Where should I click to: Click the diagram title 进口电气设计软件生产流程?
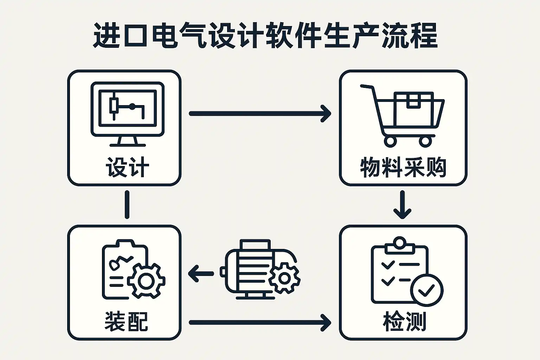tap(265, 36)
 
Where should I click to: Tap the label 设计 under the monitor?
tap(128, 167)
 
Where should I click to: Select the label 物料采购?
tap(403, 167)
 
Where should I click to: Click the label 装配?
tap(126, 321)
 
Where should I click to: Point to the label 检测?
tap(404, 321)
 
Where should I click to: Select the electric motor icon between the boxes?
tap(260, 269)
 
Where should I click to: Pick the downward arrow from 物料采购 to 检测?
tap(402, 205)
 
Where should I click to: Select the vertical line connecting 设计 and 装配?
tap(127, 205)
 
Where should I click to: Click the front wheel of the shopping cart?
tap(390, 141)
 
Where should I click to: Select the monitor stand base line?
tap(128, 145)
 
